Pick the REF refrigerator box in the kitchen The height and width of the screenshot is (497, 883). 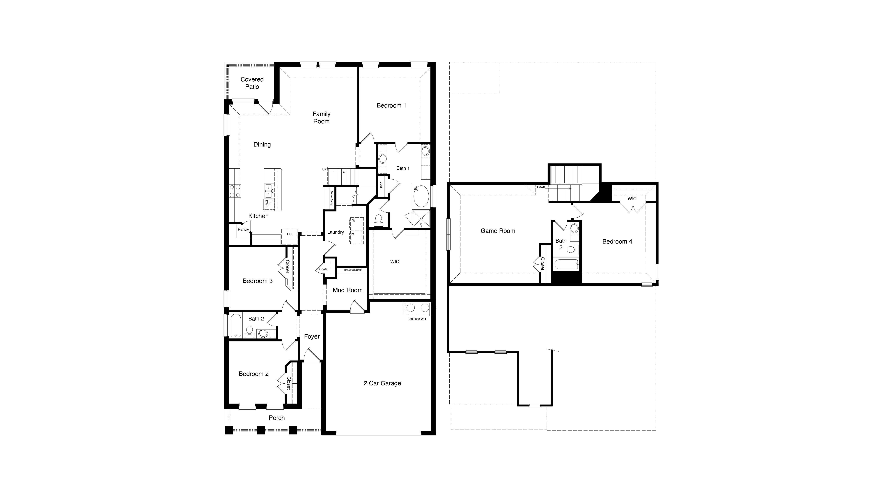pos(290,234)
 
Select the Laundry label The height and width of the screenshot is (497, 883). pos(335,232)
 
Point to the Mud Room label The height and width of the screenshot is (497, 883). pos(347,290)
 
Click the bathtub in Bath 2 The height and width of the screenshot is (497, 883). pos(236,325)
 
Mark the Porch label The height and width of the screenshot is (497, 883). pos(277,418)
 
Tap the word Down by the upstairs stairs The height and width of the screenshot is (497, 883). pos(541,187)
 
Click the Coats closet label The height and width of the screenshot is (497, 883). pos(323,269)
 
